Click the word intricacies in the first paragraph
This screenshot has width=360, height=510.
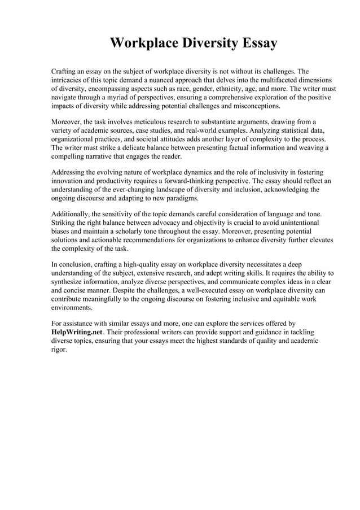68,80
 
